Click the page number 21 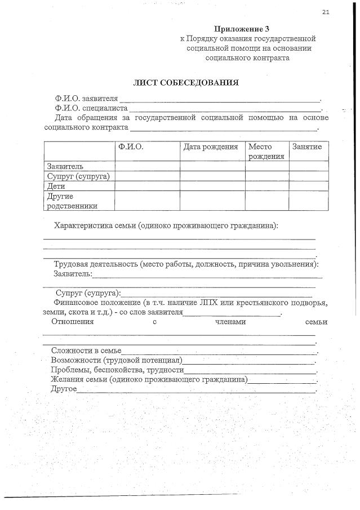[326, 11]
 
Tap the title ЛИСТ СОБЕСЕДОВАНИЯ [185, 82]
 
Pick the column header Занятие [307, 147]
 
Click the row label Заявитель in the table [65, 166]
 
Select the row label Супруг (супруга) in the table [78, 176]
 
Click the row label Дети [56, 186]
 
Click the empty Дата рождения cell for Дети [212, 186]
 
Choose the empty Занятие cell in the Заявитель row [308, 166]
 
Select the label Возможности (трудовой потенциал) [117, 361]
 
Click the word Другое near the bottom [63, 390]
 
